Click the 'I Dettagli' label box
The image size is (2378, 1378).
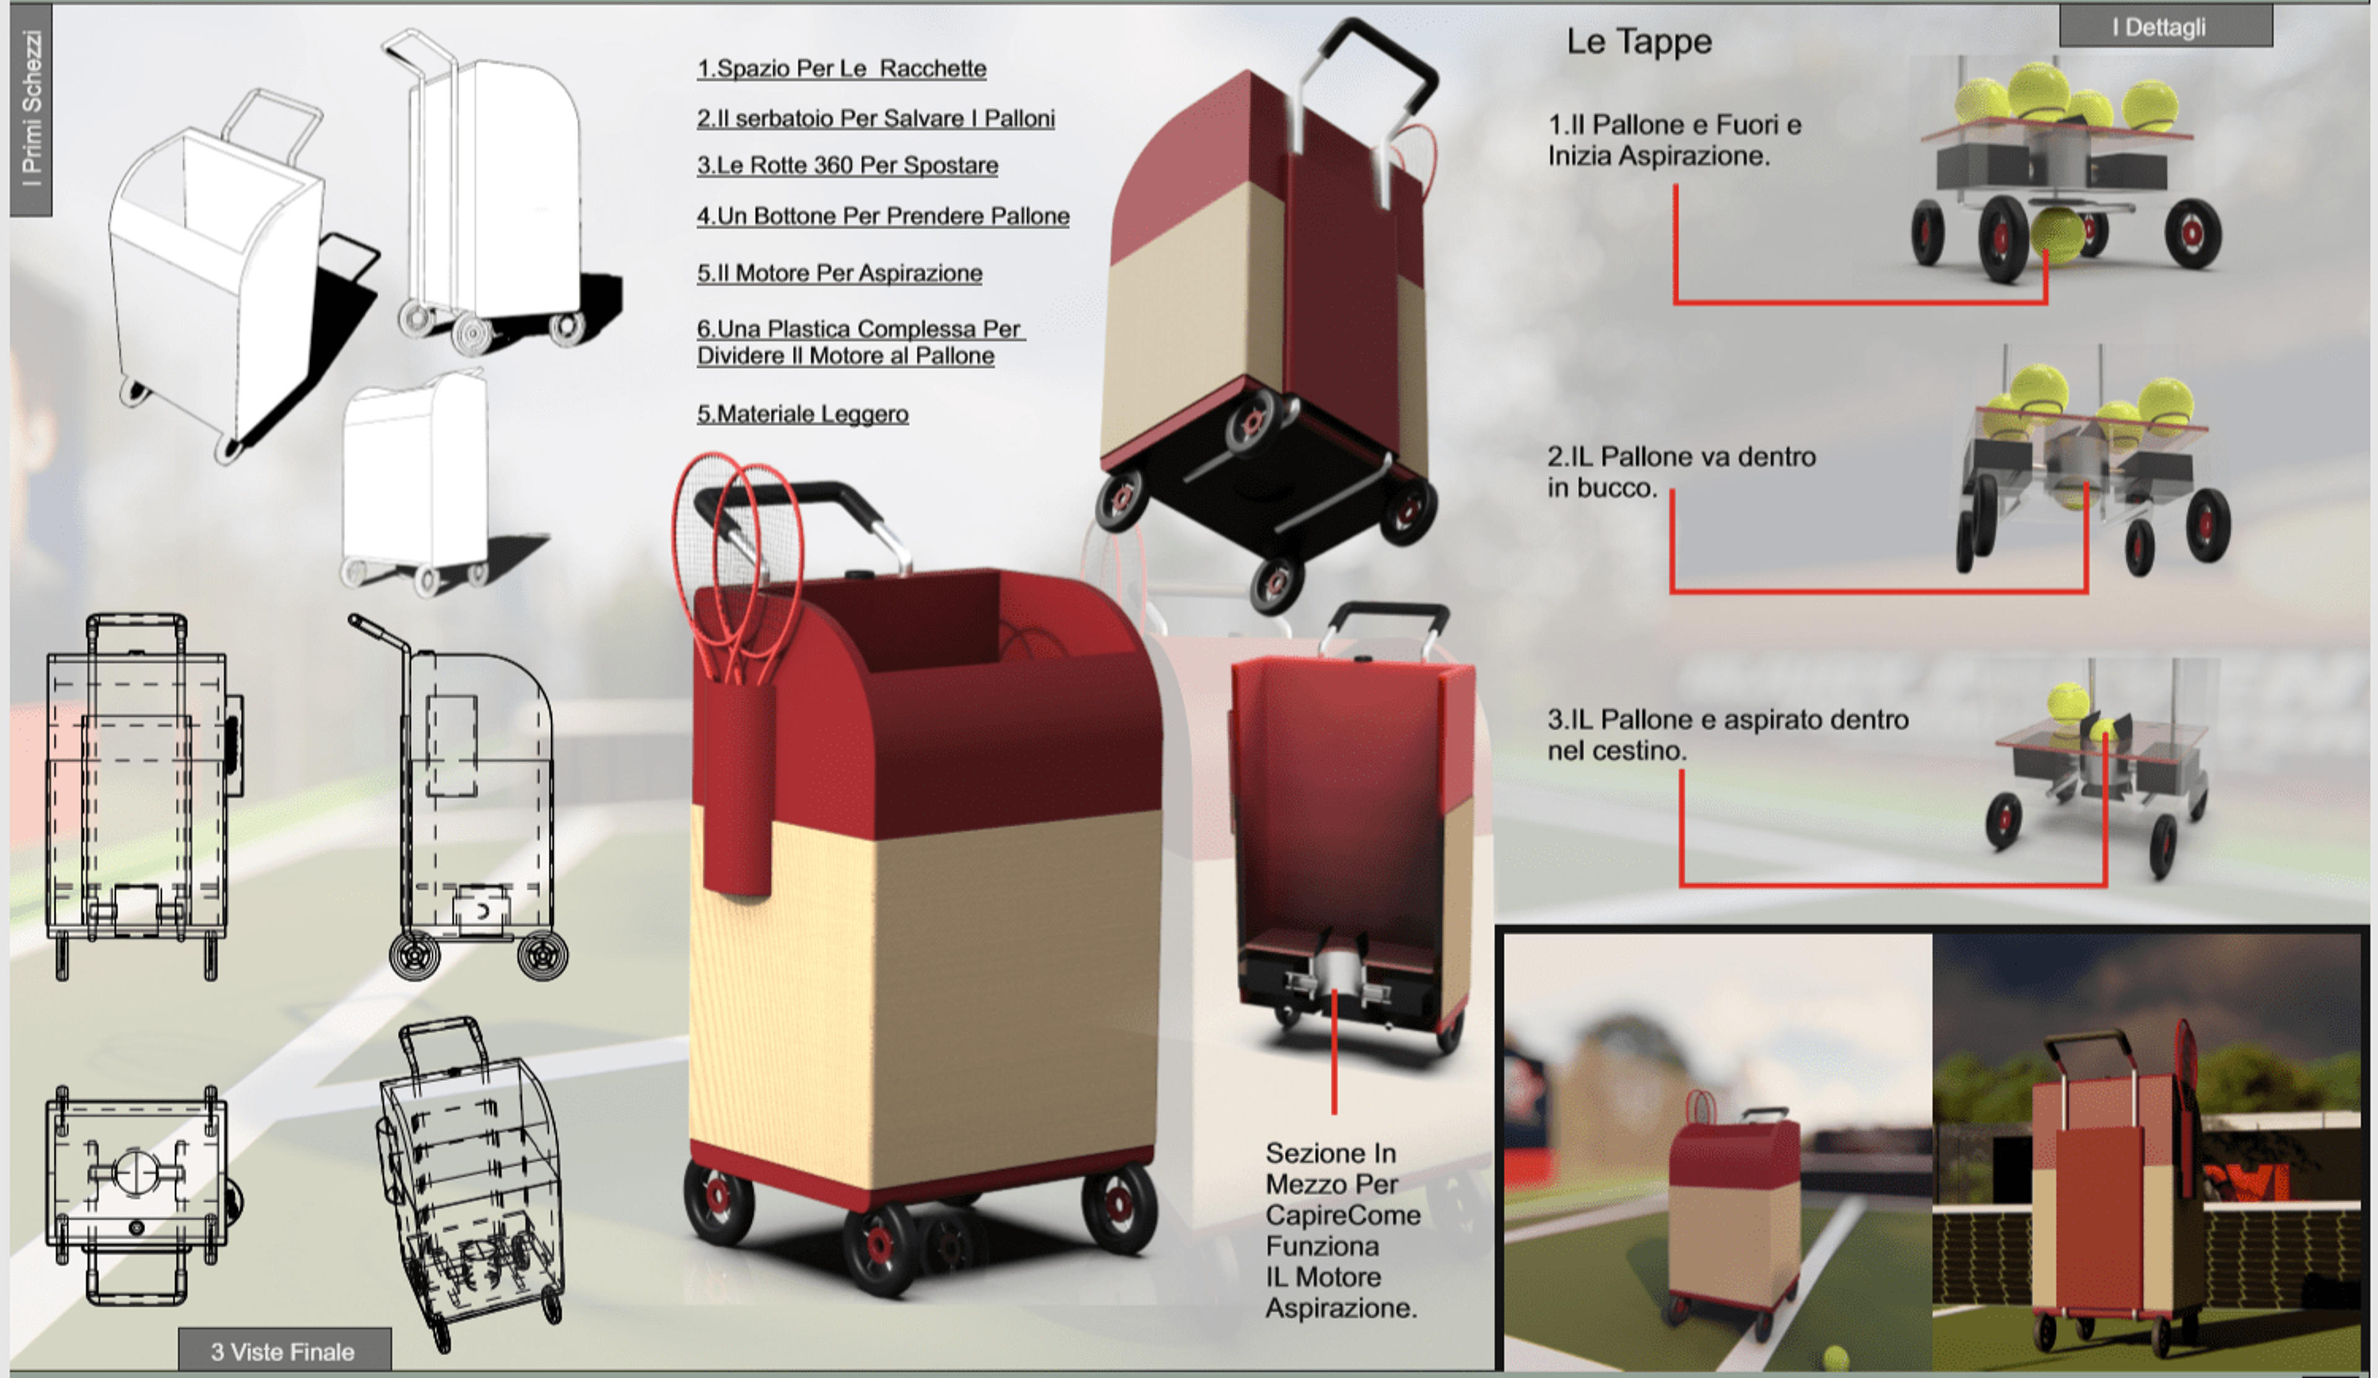(2165, 27)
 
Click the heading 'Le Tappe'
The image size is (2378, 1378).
(1639, 41)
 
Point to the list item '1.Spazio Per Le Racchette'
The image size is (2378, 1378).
(842, 69)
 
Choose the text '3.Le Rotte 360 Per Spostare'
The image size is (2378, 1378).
(847, 166)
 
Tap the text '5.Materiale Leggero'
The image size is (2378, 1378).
(802, 414)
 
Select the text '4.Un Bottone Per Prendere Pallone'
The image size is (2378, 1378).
(882, 216)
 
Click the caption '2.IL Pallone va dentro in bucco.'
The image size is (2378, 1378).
(1681, 472)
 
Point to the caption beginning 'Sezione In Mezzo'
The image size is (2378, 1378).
(1342, 1230)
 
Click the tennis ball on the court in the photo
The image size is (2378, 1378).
(1836, 1358)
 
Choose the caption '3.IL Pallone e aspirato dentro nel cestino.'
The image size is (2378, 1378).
(1728, 735)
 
